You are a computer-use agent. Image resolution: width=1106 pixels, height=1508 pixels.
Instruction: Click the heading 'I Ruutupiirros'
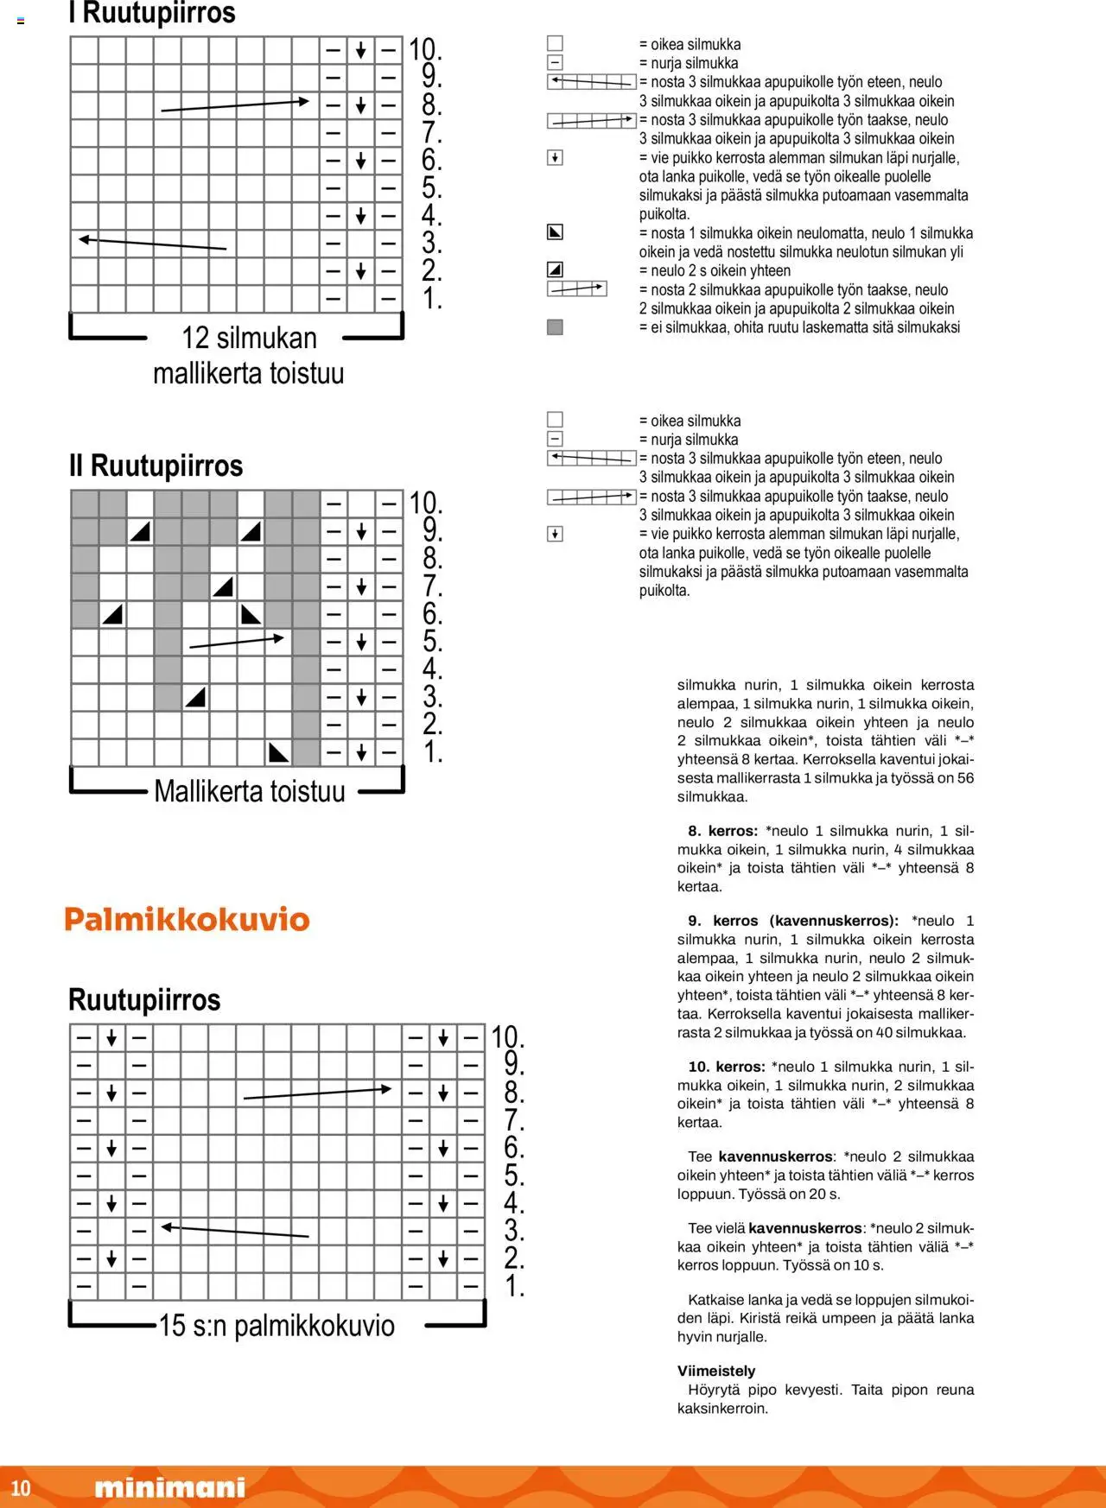(x=152, y=13)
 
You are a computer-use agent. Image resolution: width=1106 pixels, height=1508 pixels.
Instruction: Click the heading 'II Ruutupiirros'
(x=156, y=466)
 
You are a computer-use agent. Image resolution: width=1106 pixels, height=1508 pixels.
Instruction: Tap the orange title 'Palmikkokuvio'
(x=187, y=919)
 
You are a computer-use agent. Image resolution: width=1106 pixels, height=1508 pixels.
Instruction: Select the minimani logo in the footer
(x=169, y=1487)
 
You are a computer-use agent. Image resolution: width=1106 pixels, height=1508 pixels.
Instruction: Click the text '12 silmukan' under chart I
(x=249, y=338)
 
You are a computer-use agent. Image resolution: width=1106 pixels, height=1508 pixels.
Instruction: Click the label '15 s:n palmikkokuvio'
(x=276, y=1326)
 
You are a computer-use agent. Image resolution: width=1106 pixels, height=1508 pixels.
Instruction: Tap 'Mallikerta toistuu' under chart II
(x=249, y=791)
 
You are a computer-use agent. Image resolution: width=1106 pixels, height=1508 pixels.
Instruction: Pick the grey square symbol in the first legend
(x=555, y=327)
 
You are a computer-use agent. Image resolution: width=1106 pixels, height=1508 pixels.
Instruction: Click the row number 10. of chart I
(x=425, y=49)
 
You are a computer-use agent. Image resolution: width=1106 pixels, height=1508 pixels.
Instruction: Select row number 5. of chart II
(x=432, y=642)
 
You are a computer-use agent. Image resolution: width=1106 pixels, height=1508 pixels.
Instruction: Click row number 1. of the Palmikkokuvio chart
(x=515, y=1286)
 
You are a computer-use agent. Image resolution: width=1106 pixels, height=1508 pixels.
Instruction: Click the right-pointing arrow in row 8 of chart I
(x=235, y=105)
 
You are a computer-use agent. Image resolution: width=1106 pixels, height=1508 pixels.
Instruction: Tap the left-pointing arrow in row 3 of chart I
(x=152, y=244)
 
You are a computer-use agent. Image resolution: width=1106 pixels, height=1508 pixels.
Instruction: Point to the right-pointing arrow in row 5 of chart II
(x=237, y=642)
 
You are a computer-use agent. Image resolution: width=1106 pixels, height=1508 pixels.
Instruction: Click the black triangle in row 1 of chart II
(x=278, y=752)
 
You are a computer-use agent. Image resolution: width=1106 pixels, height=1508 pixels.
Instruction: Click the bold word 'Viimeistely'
(x=716, y=1371)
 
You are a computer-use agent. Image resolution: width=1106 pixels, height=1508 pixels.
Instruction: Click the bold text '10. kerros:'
(x=726, y=1067)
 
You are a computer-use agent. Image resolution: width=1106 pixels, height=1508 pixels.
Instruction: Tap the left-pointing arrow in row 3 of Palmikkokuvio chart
(x=235, y=1231)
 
